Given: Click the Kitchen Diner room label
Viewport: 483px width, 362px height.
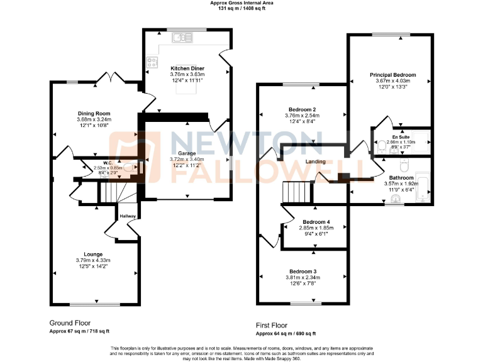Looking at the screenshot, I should (x=184, y=67).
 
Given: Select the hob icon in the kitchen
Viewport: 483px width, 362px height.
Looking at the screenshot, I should (x=152, y=62).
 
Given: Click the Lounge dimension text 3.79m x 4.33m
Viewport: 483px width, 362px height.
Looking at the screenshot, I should (x=94, y=260).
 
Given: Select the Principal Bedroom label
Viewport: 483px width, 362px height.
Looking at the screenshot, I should (x=392, y=75).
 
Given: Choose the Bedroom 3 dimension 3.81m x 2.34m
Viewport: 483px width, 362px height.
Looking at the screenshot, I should (x=303, y=277).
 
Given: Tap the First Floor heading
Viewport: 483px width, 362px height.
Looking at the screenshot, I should (x=272, y=326).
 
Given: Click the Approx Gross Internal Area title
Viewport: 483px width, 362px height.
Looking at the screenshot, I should (x=242, y=3).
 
